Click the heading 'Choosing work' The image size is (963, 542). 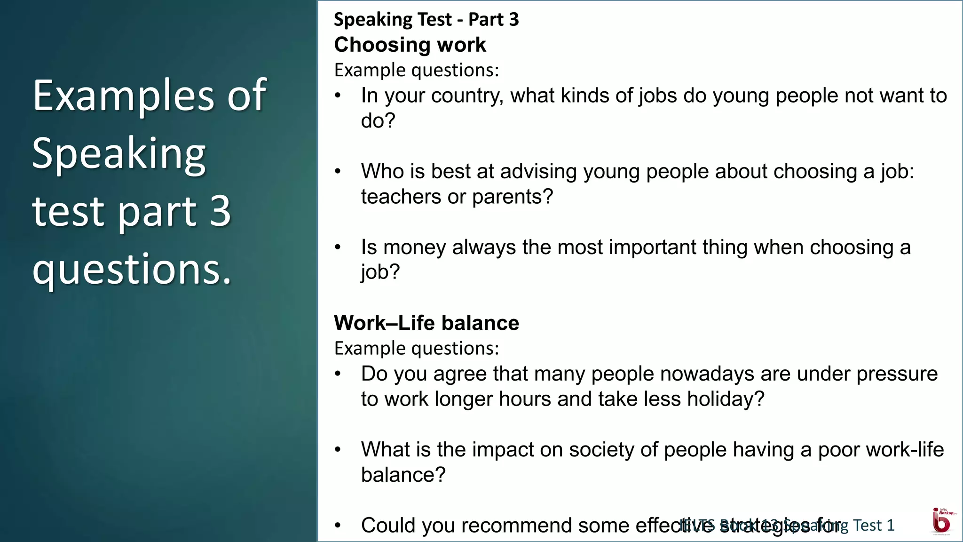click(x=410, y=45)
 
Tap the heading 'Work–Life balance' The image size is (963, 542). click(x=426, y=323)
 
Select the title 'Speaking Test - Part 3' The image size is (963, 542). click(x=426, y=20)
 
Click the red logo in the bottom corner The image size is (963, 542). click(x=942, y=521)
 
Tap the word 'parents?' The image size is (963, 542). click(x=513, y=197)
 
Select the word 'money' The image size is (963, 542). click(x=414, y=247)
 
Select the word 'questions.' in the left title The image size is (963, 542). click(x=132, y=270)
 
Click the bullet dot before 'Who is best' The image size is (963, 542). click(x=338, y=172)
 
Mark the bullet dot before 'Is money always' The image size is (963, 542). click(x=338, y=247)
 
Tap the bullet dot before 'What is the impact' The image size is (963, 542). click(x=338, y=450)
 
